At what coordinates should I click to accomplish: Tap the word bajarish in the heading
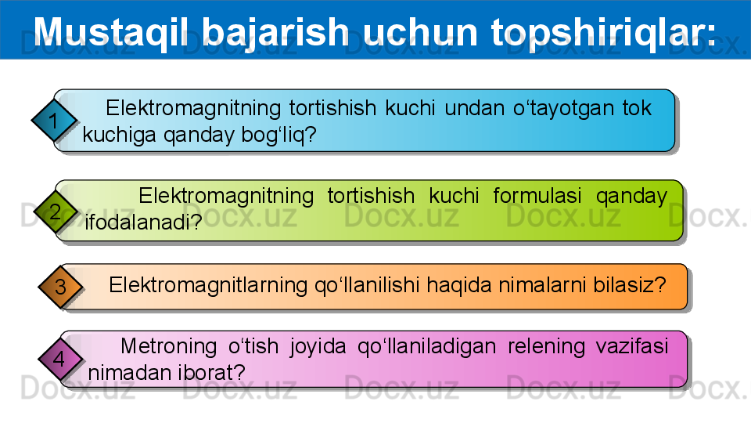(275, 33)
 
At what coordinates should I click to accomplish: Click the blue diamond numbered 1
(54, 120)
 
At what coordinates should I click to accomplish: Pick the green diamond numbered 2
(55, 211)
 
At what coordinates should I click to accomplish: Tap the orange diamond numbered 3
(60, 287)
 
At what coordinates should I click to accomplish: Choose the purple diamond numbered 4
(59, 359)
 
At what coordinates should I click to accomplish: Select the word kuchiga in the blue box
(119, 136)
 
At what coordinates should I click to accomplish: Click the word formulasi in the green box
(537, 196)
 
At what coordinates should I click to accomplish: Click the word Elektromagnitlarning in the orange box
(208, 285)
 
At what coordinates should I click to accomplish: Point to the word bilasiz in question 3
(623, 285)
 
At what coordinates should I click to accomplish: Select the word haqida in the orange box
(459, 285)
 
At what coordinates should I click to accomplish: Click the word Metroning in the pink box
(169, 346)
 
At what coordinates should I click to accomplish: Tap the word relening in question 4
(547, 346)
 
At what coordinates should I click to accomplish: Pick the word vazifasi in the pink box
(632, 345)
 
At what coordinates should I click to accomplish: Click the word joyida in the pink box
(318, 347)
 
